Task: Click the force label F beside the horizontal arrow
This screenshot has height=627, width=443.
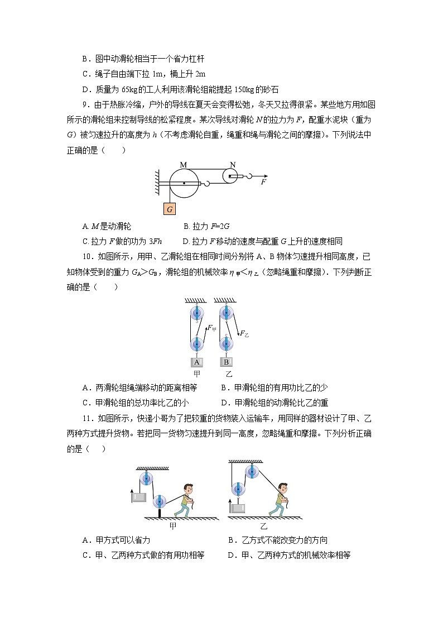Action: coord(263,182)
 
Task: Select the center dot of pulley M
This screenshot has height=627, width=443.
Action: coord(184,183)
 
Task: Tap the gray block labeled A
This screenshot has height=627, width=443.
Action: coord(197,361)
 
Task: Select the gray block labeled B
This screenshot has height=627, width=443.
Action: coord(226,361)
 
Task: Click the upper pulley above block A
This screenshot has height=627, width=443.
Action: coord(196,313)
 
